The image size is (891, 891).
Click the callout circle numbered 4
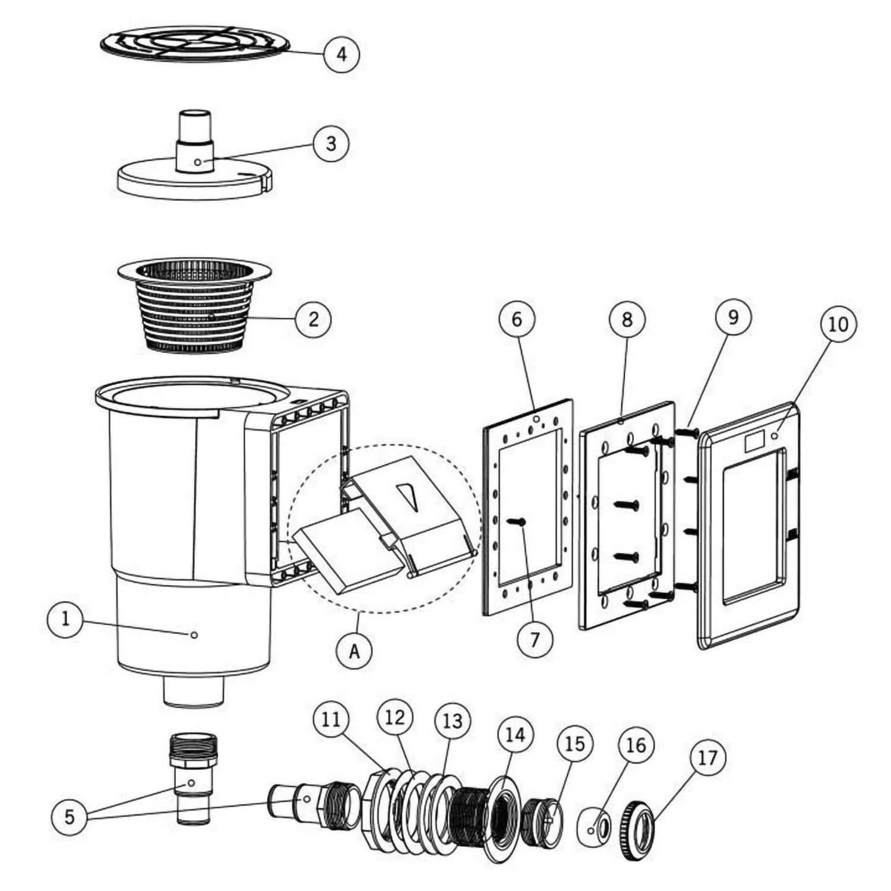pyautogui.click(x=341, y=54)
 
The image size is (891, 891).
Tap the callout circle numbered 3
pyautogui.click(x=331, y=143)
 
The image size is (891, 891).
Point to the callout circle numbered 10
pyautogui.click(x=839, y=324)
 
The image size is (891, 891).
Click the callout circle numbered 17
pyautogui.click(x=708, y=758)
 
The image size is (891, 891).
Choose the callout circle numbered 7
pyautogui.click(x=535, y=639)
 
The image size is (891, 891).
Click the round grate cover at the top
pyautogui.click(x=195, y=43)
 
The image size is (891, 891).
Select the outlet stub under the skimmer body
pyautogui.click(x=194, y=692)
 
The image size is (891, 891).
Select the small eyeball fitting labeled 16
pyautogui.click(x=594, y=827)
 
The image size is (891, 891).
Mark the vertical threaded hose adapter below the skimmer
pyautogui.click(x=190, y=778)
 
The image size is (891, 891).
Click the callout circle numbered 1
pyautogui.click(x=65, y=620)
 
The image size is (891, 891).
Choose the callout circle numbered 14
pyautogui.click(x=515, y=735)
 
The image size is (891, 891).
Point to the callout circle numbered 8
pyautogui.click(x=627, y=320)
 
